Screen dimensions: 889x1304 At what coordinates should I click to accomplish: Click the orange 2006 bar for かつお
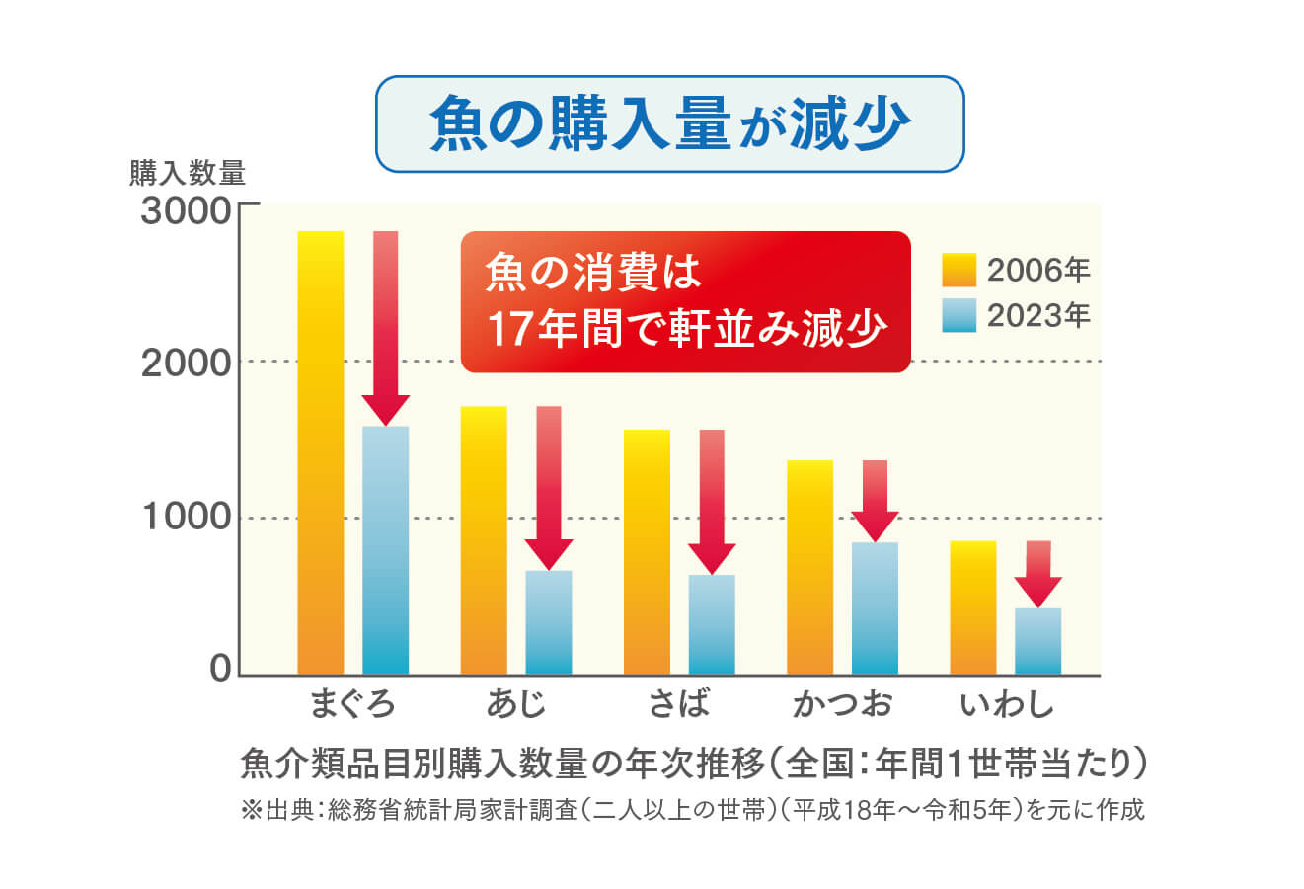point(809,567)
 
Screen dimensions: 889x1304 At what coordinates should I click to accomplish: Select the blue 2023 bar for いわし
point(1037,641)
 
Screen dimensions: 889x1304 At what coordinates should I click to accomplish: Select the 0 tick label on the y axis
point(219,669)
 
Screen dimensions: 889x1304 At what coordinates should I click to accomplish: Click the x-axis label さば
point(679,704)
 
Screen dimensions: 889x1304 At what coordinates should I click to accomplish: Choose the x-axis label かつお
point(842,704)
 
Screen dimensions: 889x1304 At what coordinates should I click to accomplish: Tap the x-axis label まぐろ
point(352,704)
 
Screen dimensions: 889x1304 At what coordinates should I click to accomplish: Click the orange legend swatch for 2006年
point(959,270)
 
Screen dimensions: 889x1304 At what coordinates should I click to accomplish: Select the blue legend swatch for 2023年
point(959,315)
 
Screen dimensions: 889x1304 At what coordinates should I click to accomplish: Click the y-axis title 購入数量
point(188,174)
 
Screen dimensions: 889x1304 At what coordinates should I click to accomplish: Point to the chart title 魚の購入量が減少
point(669,123)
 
